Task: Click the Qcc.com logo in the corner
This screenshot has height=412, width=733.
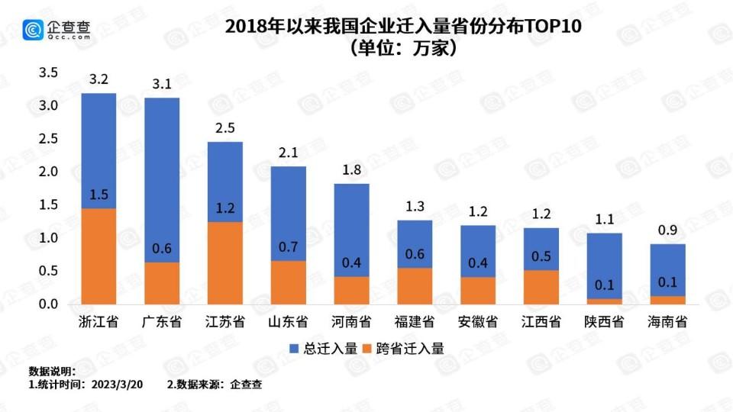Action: [x=57, y=29]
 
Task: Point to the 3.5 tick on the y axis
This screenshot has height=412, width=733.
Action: [x=49, y=72]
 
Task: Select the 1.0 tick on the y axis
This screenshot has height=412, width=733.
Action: [x=49, y=238]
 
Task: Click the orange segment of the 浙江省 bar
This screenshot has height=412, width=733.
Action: [x=98, y=256]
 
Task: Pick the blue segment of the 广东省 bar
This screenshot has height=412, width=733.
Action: [x=162, y=180]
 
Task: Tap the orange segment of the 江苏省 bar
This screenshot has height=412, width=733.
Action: [x=224, y=263]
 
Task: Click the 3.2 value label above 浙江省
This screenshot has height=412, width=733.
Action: [x=98, y=79]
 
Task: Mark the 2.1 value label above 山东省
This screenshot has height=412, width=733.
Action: [x=288, y=153]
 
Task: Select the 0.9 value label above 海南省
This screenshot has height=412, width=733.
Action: [x=667, y=230]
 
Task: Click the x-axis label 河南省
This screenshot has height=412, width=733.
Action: [x=351, y=321]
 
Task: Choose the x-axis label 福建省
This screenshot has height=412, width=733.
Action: [x=415, y=321]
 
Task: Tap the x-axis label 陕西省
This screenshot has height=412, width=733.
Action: [x=604, y=321]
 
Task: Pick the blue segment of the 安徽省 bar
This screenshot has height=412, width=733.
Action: [x=478, y=251]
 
